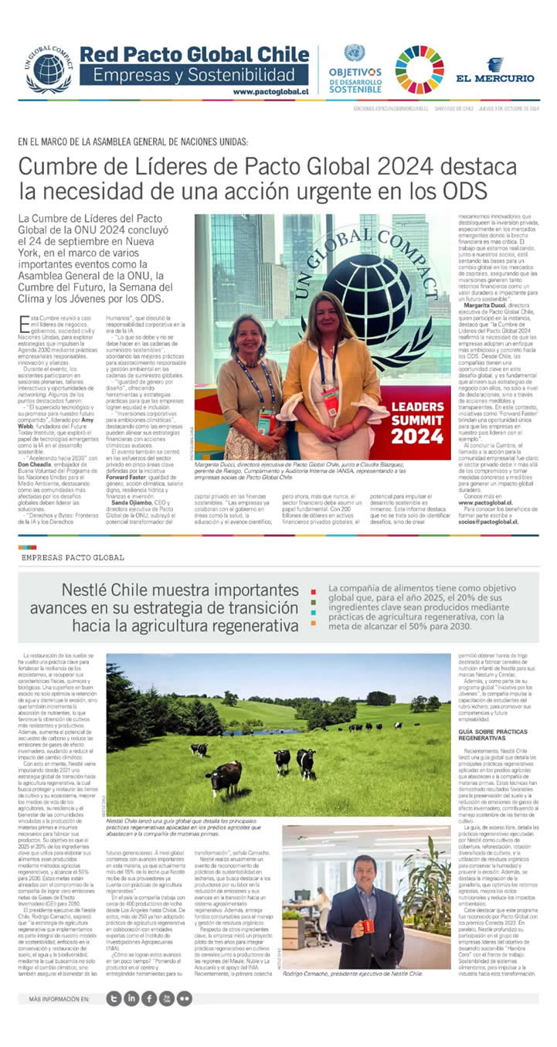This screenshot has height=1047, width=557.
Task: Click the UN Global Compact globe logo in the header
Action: click(x=49, y=70)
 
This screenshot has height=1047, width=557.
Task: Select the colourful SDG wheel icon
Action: click(x=419, y=70)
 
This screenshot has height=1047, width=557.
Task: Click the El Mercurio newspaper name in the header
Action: click(x=494, y=78)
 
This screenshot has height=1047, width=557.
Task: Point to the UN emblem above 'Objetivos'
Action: click(x=355, y=53)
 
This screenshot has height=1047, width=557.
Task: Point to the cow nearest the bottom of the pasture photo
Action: click(x=224, y=776)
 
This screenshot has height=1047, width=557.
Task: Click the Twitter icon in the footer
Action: click(x=114, y=998)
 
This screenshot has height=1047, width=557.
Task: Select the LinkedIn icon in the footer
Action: click(x=131, y=998)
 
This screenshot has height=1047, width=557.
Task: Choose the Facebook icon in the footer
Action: click(x=149, y=998)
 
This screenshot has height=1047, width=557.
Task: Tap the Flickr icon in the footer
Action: click(x=185, y=998)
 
